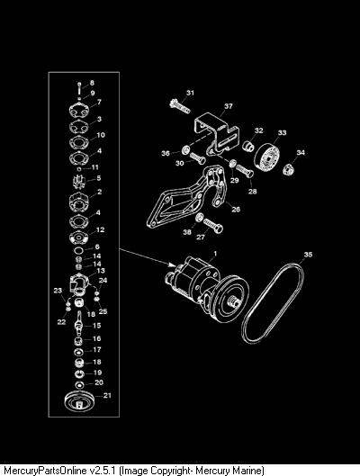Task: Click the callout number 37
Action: tap(229, 106)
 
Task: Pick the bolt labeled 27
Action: tap(213, 226)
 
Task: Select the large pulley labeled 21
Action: tap(80, 402)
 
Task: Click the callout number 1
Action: tap(215, 253)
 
